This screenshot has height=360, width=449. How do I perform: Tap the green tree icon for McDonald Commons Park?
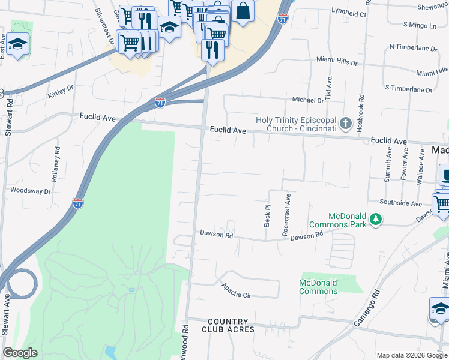[x=376, y=220]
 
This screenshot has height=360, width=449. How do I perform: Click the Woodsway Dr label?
[x=31, y=190]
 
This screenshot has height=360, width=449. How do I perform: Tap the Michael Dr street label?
[x=308, y=100]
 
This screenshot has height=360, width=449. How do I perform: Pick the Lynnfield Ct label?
[x=349, y=13]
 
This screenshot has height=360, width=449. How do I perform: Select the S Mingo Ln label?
[x=420, y=25]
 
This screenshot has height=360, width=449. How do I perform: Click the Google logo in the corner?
[x=20, y=353]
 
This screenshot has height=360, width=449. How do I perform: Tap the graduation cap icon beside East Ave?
[x=18, y=44]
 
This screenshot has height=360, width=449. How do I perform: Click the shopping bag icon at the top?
[x=243, y=11]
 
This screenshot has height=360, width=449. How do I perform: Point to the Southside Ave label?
[x=400, y=203]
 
